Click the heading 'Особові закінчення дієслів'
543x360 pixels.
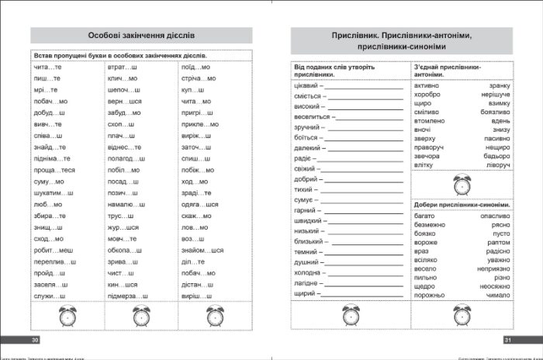point(139,36)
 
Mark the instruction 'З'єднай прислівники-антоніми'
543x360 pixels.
point(452,70)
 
